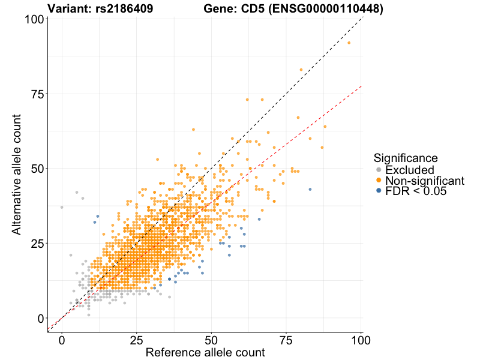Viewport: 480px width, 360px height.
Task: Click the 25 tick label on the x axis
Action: [x=136, y=340]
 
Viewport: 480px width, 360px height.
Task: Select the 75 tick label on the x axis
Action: [x=286, y=340]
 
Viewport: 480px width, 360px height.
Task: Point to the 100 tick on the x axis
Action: [x=361, y=340]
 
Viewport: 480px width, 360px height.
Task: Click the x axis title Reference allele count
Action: [x=205, y=353]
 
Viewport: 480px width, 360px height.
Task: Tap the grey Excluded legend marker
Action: [x=378, y=170]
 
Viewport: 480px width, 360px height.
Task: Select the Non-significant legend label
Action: [x=425, y=181]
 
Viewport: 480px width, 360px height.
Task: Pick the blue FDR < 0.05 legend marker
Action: [x=378, y=191]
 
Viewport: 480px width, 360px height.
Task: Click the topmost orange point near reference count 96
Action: [x=349, y=43]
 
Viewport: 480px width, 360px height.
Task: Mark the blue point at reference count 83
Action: [x=310, y=189]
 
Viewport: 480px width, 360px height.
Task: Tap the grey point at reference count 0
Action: [x=62, y=207]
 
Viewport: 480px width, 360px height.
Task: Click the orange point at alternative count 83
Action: [x=301, y=70]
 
